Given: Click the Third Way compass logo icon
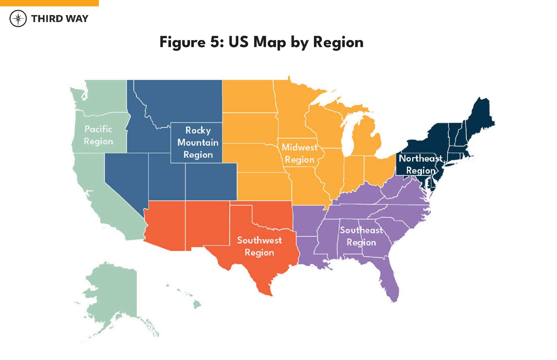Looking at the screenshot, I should click(18, 18).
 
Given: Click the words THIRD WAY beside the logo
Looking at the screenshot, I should click(59, 18).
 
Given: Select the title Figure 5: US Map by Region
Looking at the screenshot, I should click(261, 42).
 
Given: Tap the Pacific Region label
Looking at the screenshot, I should click(98, 135).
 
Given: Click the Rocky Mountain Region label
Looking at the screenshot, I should click(198, 142).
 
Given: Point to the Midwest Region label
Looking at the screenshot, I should click(300, 153).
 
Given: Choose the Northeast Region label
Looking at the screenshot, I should click(420, 164).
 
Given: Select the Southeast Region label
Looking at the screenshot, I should click(361, 236).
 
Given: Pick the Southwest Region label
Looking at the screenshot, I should click(259, 246).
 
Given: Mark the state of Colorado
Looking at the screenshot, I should click(211, 182).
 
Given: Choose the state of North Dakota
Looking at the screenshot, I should click(248, 96).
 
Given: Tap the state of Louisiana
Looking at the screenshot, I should click(310, 250).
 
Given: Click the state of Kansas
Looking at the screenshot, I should click(263, 186).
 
